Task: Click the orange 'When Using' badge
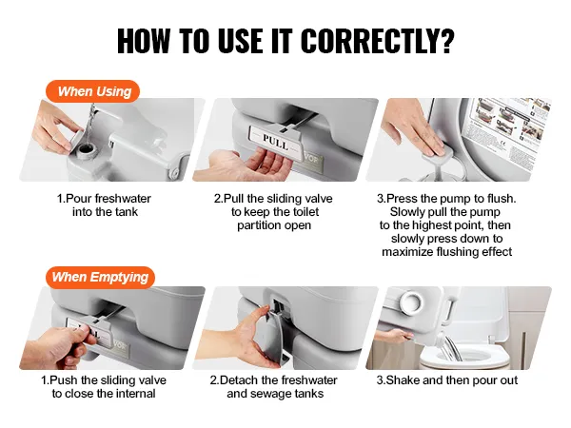click(92, 91)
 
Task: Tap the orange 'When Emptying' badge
click(100, 277)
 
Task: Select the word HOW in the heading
click(144, 40)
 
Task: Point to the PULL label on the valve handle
click(276, 143)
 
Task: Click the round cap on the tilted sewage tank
click(411, 302)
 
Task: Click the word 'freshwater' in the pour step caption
click(123, 199)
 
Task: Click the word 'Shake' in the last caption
click(403, 380)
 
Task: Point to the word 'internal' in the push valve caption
click(135, 394)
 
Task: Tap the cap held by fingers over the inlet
click(75, 136)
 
